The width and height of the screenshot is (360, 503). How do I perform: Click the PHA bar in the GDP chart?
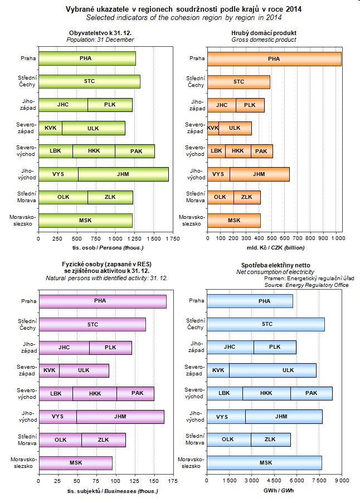coord(274,58)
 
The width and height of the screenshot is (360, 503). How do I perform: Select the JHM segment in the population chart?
coord(123,174)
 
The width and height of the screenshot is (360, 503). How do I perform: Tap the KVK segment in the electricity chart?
coord(218,370)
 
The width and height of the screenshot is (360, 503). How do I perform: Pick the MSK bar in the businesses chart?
coord(75,462)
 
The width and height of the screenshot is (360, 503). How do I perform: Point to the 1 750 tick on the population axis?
coord(172,238)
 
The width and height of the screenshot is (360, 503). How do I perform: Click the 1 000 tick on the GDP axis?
coord(337,238)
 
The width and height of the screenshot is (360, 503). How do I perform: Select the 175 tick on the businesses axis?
coord(172,480)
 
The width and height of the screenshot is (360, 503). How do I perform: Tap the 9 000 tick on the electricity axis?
coord(341,480)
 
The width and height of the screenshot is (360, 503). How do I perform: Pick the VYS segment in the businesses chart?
coord(58,416)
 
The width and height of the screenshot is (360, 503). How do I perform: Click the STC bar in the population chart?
coord(89,81)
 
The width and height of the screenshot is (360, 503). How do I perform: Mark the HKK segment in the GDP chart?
coord(238,151)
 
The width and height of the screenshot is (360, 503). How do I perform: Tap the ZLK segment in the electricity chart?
coord(270,439)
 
